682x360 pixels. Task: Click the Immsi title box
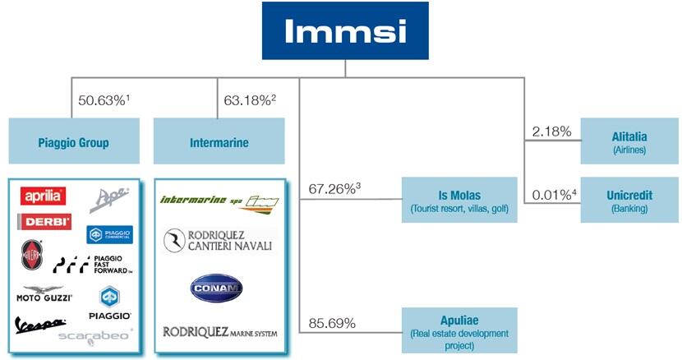345,30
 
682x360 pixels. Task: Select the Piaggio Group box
73,142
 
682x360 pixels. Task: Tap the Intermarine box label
218,142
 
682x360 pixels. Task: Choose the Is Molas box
459,200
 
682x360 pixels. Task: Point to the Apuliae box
459,330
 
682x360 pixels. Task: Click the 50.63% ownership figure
104,100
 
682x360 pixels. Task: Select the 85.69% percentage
332,324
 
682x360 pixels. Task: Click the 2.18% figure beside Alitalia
551,132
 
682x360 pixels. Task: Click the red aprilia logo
44,196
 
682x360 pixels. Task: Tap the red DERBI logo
44,221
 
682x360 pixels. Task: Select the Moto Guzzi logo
44,293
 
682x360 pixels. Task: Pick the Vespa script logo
39,325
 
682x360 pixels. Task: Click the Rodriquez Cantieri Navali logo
218,240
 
